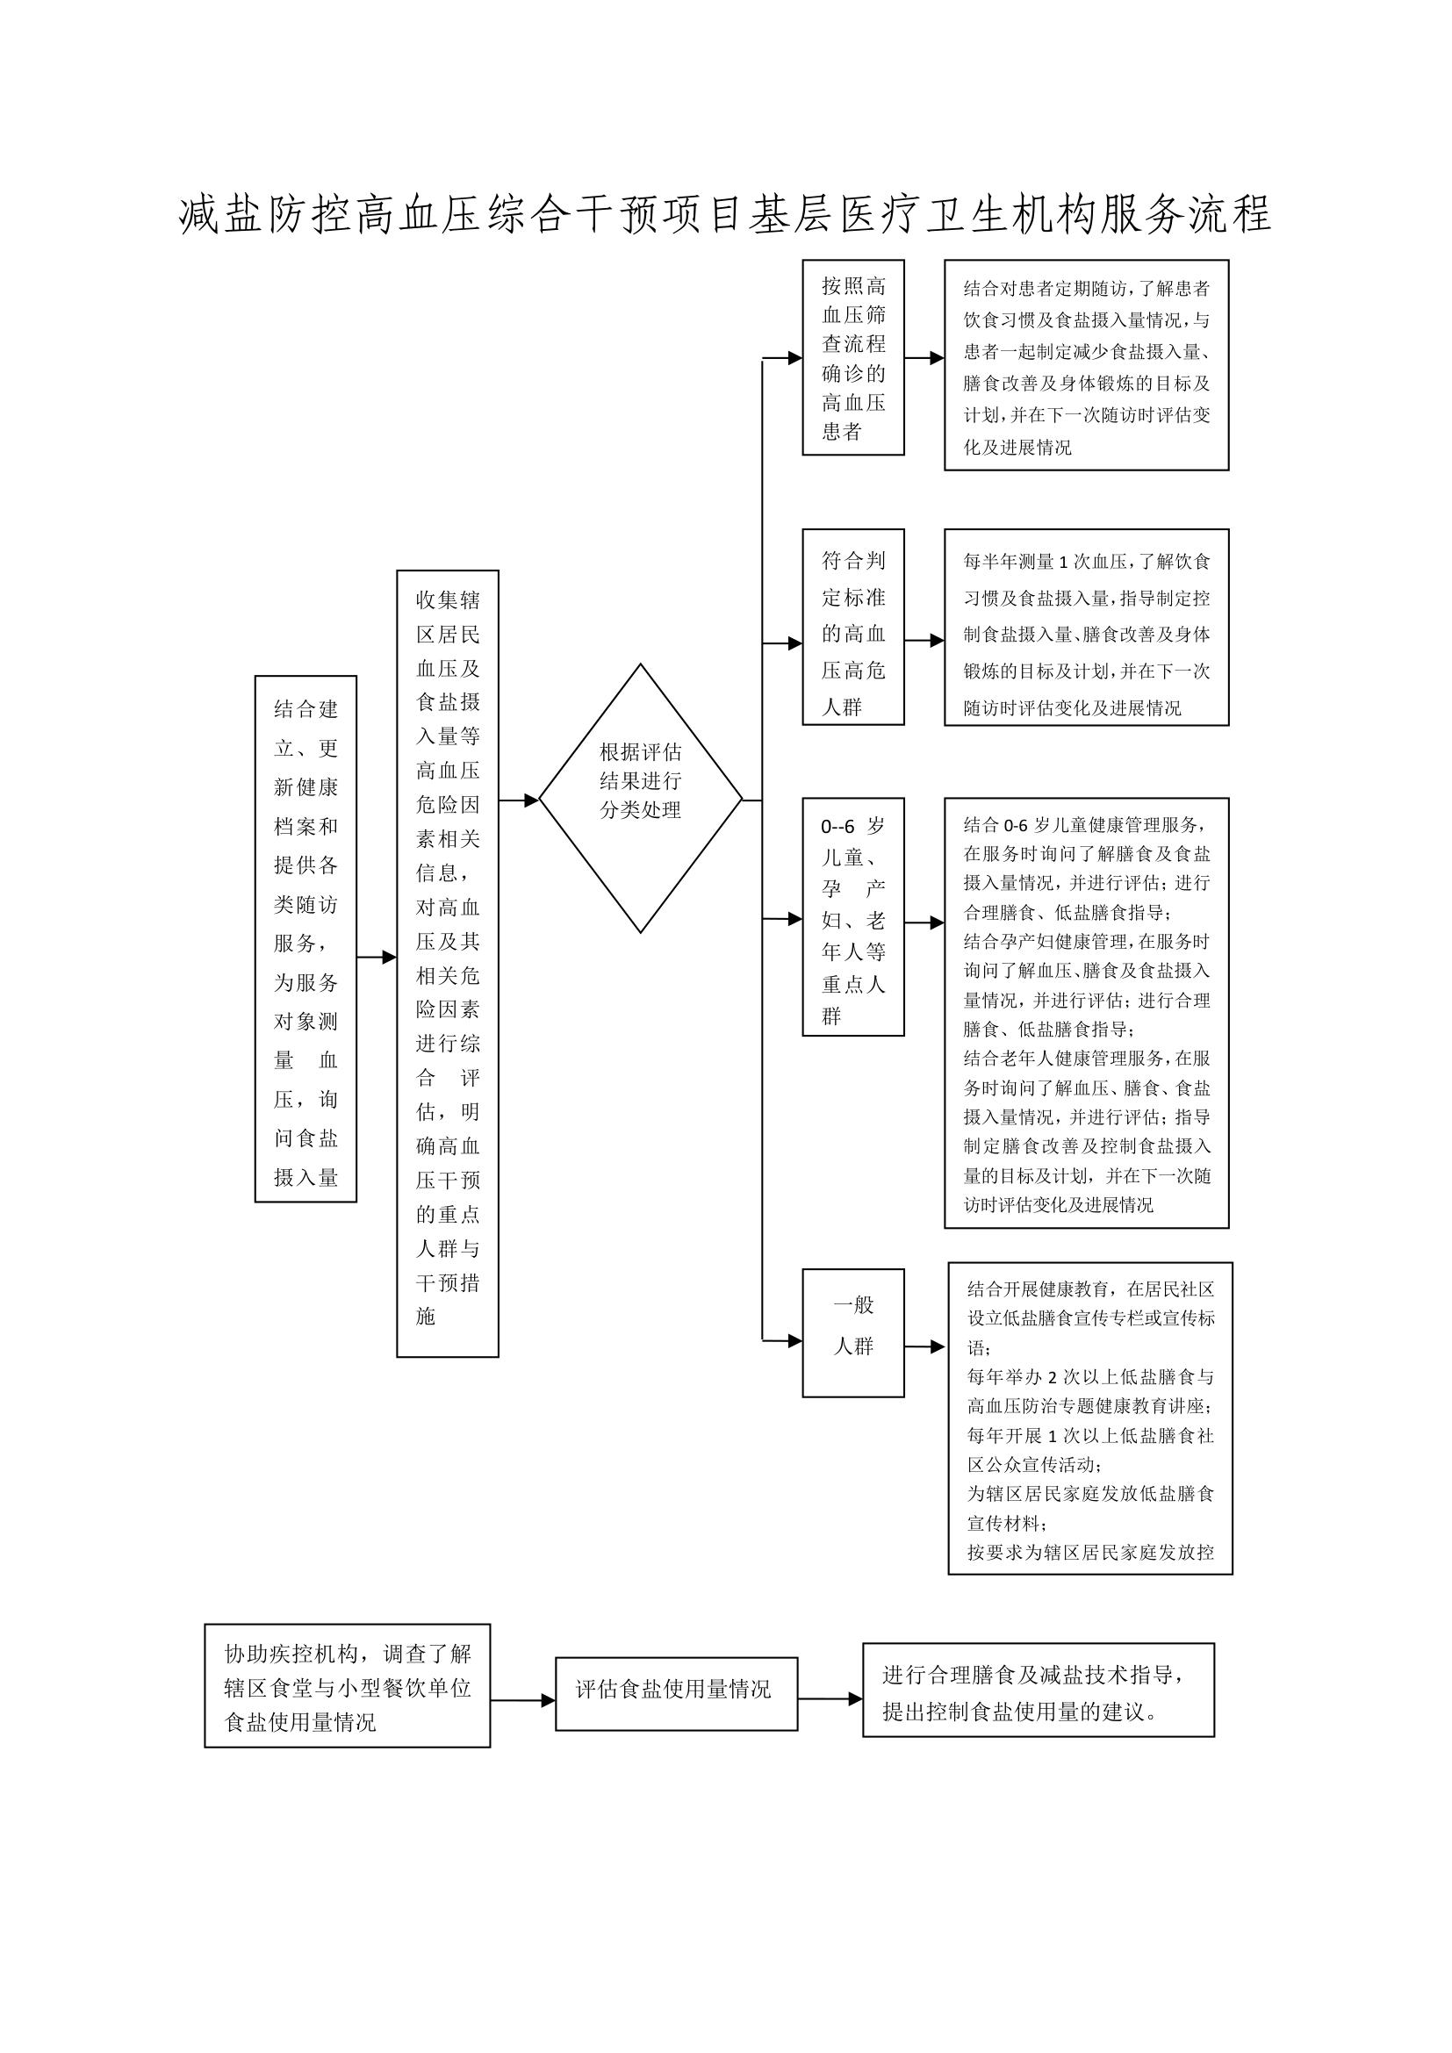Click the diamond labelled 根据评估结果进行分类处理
click(x=640, y=798)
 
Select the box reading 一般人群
click(x=853, y=1332)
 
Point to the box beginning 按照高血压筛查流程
click(x=853, y=357)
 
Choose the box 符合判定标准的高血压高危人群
click(x=853, y=627)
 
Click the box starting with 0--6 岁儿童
click(x=853, y=916)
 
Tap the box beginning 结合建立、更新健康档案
click(x=305, y=939)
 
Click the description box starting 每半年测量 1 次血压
click(x=1086, y=627)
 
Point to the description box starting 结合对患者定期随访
click(x=1086, y=365)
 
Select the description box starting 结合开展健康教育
click(x=1090, y=1418)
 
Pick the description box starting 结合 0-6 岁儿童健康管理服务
click(x=1086, y=1013)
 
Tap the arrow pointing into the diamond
click(x=519, y=800)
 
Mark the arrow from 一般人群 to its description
click(x=924, y=1346)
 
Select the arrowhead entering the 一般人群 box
click(x=794, y=1341)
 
